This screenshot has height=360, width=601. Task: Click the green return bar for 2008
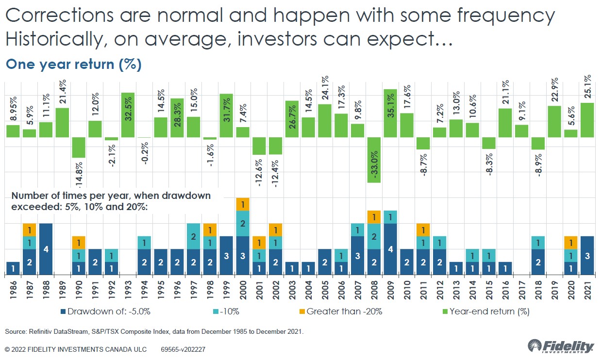click(374, 160)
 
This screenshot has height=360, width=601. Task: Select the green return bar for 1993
click(128, 115)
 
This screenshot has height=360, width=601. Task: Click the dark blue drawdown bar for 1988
click(46, 249)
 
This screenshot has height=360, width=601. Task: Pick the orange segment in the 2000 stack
click(243, 204)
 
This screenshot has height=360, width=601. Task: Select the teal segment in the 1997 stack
click(194, 236)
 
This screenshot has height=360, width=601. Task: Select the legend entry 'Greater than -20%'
click(339, 311)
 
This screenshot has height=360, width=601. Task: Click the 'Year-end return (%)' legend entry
click(485, 311)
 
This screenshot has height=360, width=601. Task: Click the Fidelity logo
click(561, 347)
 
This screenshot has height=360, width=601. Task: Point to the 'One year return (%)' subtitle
click(73, 65)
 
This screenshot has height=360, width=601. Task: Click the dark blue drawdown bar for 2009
click(390, 249)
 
